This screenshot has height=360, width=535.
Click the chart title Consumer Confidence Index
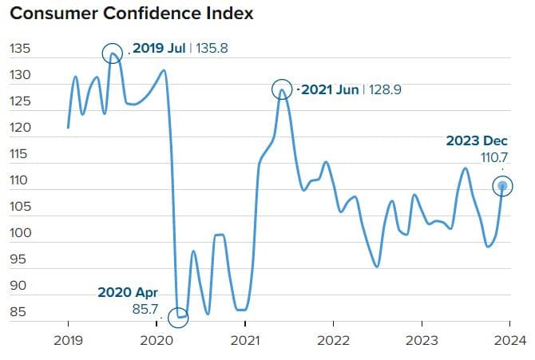131,14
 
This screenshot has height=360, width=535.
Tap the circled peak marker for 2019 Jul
113,53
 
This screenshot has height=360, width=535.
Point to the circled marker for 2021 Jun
281,89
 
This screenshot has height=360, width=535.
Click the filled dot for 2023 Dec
502,186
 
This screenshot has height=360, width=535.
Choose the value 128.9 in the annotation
383,89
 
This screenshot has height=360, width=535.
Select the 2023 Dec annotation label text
478,140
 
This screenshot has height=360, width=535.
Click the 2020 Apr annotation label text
128,291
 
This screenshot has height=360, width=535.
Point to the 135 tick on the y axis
20,49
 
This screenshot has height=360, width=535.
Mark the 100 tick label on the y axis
20,233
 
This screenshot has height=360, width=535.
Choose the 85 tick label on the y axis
18,311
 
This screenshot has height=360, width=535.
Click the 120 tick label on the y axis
20,128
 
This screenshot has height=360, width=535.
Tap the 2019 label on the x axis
68,340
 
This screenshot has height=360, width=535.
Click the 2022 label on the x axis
333,340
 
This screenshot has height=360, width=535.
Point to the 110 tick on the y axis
20,180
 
